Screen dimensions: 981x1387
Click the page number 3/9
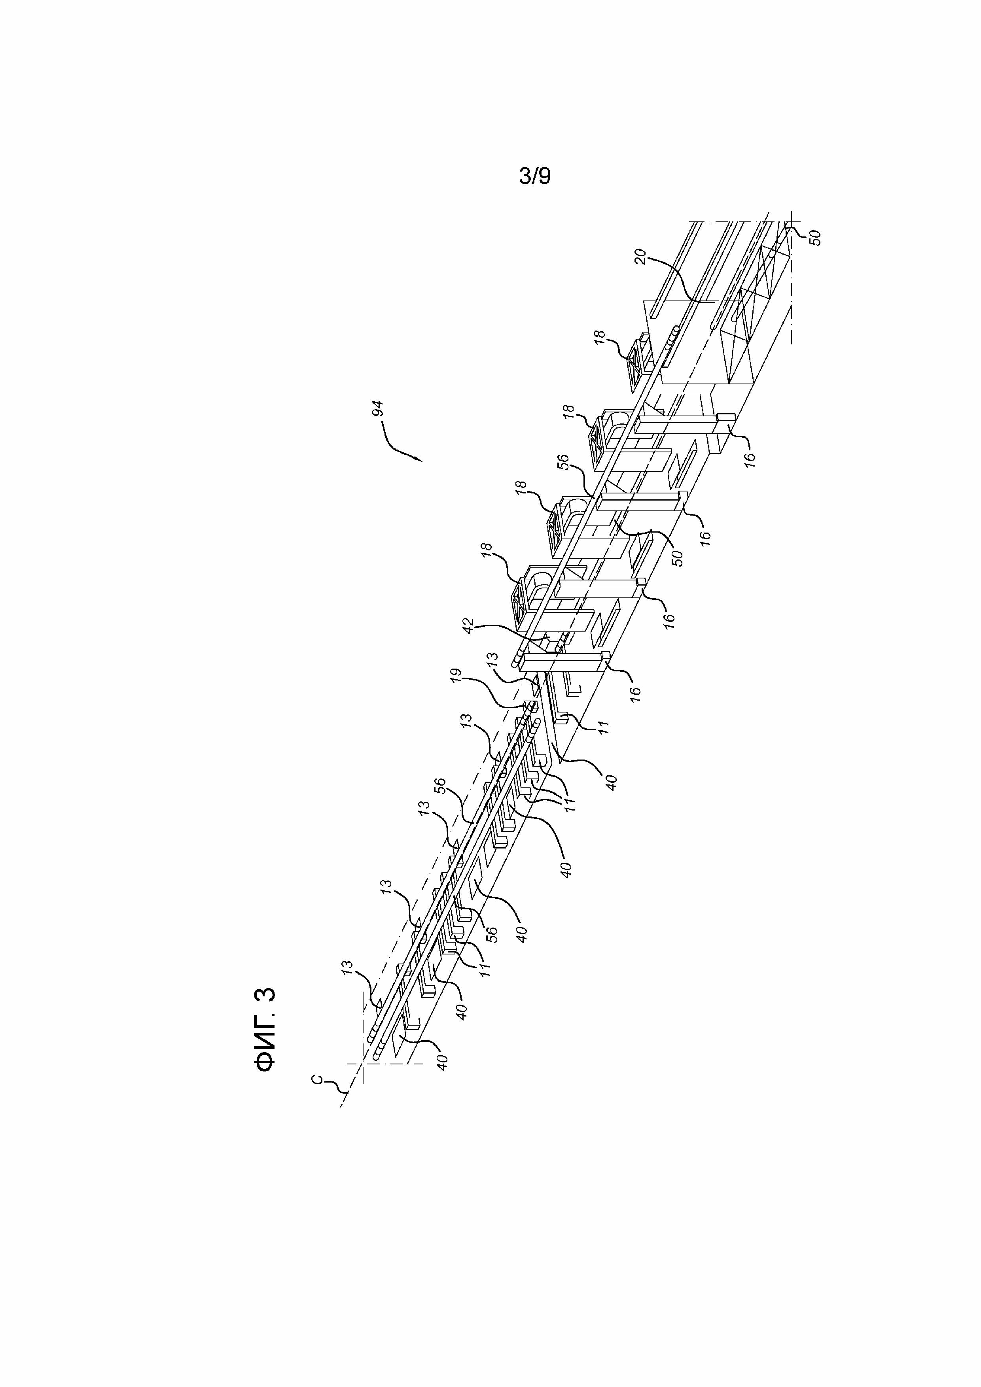click(535, 176)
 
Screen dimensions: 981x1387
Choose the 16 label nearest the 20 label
click(750, 458)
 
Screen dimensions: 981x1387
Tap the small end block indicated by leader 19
click(531, 706)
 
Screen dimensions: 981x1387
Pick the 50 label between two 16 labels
click(678, 557)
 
